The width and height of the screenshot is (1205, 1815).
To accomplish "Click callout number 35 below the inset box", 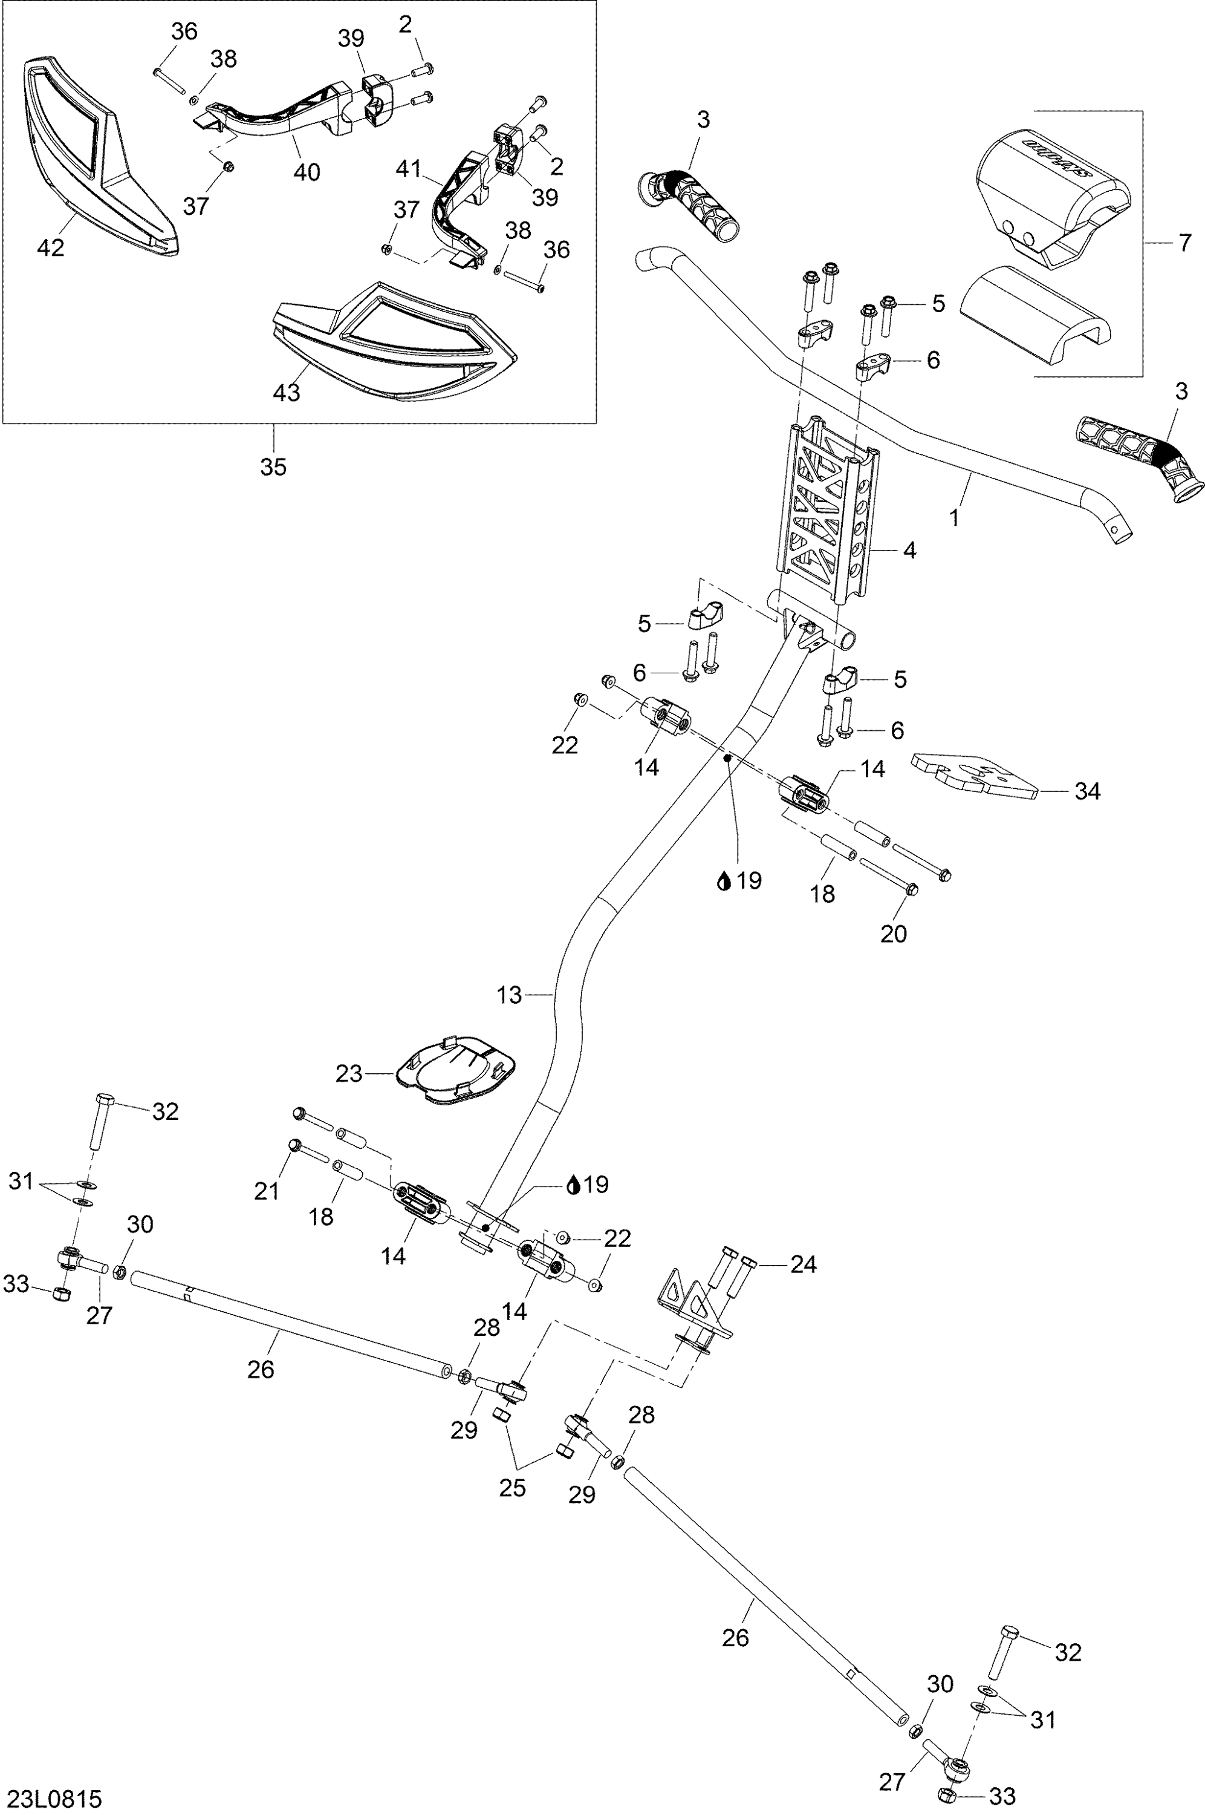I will [273, 466].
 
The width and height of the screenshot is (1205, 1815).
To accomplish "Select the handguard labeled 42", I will [100, 154].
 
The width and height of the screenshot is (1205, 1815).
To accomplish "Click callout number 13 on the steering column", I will [508, 995].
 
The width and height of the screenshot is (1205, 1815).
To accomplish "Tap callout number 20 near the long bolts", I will [893, 934].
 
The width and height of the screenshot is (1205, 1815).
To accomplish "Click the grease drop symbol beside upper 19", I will [723, 881].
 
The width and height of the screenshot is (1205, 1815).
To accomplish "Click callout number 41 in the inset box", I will [409, 168].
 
